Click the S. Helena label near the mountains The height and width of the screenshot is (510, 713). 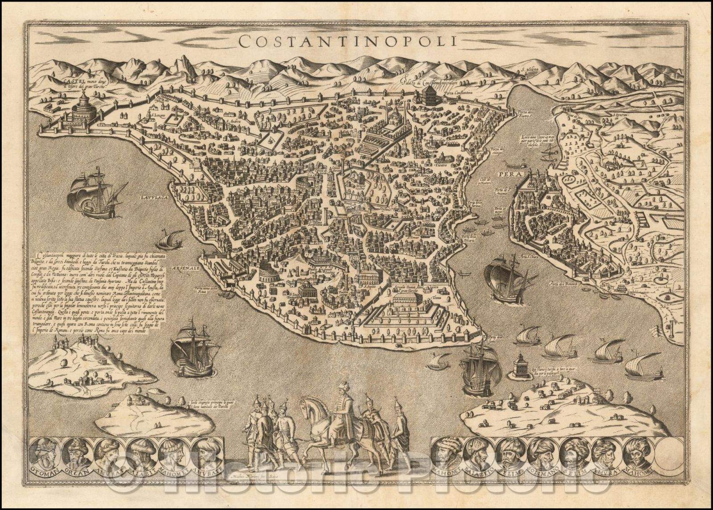pos(533,70)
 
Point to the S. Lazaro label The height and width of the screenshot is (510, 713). pos(157,116)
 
